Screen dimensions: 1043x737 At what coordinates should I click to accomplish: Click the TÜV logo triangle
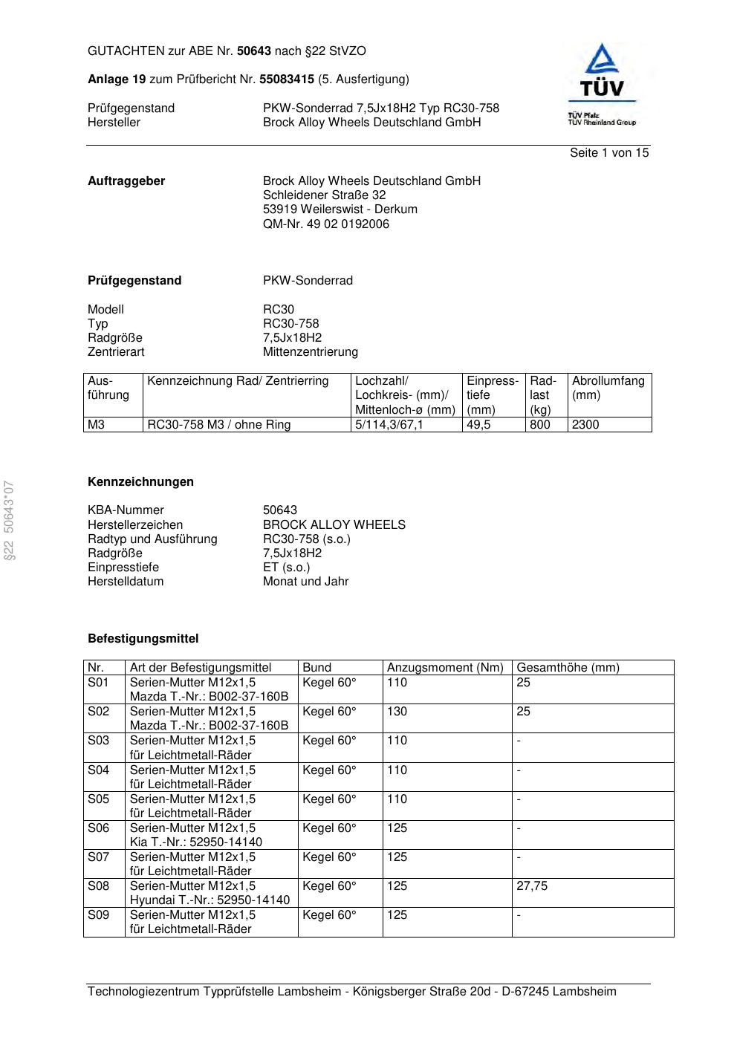point(601,59)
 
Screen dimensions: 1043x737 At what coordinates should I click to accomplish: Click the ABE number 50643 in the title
point(254,51)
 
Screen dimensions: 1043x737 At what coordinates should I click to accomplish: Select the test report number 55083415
point(287,79)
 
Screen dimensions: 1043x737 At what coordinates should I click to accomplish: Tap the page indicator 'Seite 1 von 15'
point(609,153)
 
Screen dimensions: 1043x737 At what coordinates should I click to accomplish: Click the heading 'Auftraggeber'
point(126,181)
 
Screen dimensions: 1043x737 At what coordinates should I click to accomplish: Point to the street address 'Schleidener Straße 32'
point(324,195)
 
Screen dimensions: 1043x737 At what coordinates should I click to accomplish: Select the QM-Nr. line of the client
point(325,224)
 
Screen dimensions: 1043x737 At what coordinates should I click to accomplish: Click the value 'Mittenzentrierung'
point(310,352)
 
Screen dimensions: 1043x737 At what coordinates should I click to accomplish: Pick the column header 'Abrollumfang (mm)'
point(608,388)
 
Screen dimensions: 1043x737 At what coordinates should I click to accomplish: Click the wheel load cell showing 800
point(540,425)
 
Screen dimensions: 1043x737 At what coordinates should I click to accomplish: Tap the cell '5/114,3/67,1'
point(389,425)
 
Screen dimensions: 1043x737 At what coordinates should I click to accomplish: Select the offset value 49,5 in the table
point(478,425)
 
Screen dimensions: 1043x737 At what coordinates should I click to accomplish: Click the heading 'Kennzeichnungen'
point(140,482)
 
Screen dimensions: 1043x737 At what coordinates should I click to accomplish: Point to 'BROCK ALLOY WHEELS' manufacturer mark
point(334,525)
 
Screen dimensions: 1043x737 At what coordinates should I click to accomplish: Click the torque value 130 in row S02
point(397,712)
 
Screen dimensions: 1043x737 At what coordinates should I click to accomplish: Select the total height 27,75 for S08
point(532,886)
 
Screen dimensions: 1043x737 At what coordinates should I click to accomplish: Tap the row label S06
point(98,828)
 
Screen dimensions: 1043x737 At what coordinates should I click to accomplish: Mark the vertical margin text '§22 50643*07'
point(10,520)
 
